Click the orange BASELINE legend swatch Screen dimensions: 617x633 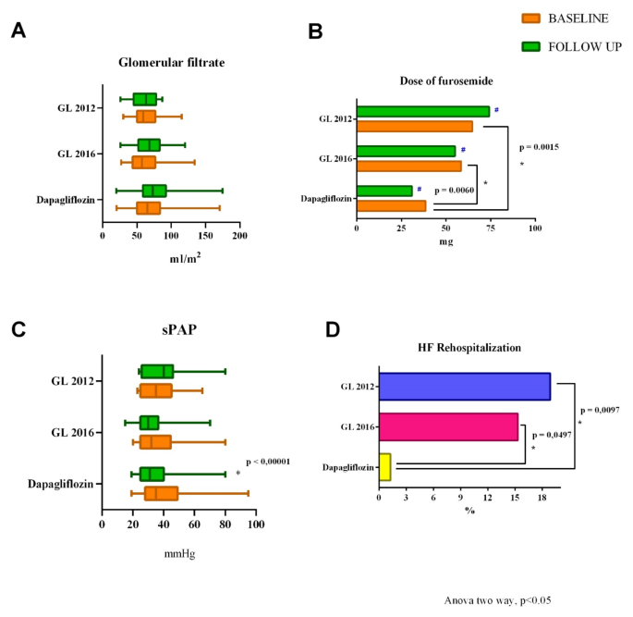click(x=531, y=18)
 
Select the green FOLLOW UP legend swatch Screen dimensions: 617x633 click(x=531, y=45)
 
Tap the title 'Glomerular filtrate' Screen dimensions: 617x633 click(x=172, y=63)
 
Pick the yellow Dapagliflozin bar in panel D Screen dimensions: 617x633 click(x=384, y=467)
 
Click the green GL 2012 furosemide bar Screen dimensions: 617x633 click(x=422, y=111)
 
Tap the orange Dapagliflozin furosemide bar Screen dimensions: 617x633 click(x=391, y=205)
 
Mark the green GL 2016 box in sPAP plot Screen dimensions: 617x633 click(x=150, y=423)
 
